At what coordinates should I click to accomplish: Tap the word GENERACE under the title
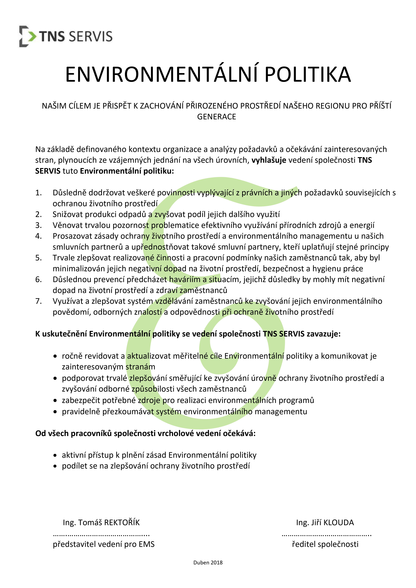pos(216,117)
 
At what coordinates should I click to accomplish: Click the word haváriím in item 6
pos(184,279)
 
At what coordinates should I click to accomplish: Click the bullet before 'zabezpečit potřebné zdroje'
pos(55,400)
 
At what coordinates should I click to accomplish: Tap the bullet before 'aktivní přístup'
pos(55,455)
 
